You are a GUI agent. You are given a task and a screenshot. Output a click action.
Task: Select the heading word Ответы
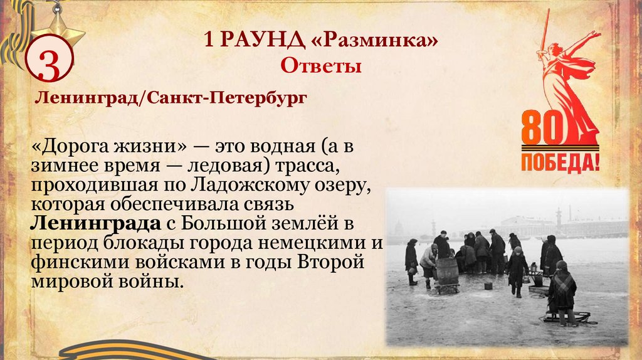320,65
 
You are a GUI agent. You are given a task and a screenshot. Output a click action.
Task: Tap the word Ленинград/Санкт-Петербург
170,98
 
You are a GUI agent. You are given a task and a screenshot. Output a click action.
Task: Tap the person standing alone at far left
411,260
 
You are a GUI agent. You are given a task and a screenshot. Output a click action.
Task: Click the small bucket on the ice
488,285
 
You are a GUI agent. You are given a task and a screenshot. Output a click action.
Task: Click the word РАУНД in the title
270,42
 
